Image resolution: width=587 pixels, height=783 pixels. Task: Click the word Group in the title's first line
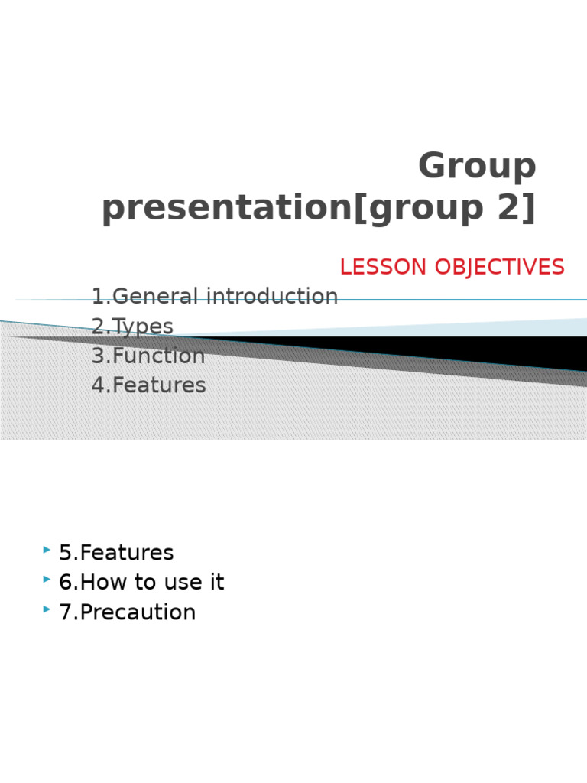(477, 167)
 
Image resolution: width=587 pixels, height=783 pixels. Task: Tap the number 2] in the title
(516, 209)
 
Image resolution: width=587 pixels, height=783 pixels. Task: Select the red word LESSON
(384, 267)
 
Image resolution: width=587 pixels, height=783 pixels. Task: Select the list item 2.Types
(132, 327)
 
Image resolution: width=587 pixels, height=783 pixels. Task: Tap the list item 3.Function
(148, 356)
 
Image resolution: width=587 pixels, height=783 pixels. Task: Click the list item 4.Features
(148, 385)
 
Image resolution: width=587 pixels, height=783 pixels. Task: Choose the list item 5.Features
(116, 553)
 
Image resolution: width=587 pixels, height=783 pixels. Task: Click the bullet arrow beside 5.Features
(47, 550)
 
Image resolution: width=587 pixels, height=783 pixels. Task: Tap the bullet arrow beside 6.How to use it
(47, 580)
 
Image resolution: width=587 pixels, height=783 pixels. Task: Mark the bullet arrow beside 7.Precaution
(47, 609)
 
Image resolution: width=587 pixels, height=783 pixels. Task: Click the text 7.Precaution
(127, 612)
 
